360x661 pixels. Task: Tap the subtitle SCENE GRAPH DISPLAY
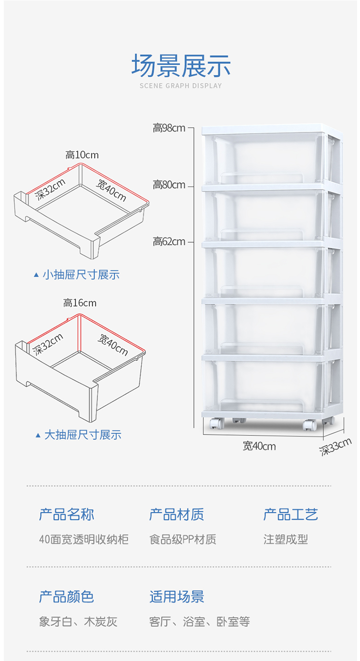pos(180,86)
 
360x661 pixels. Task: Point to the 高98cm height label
pos(169,128)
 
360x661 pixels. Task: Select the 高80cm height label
pos(169,185)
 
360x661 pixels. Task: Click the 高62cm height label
pos(169,242)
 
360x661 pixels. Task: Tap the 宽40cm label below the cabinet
pos(259,446)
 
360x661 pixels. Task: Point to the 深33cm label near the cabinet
pos(336,447)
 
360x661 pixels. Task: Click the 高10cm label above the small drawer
pos(82,155)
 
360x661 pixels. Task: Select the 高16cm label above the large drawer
pos(80,303)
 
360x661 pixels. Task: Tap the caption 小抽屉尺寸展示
pos(81,275)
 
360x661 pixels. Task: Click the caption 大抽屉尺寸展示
pos(83,435)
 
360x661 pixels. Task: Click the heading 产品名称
pos(66,515)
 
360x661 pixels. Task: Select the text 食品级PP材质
pos(182,539)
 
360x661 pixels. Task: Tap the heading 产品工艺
pos(290,515)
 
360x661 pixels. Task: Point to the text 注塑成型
pos(286,539)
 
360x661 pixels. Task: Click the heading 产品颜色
pos(66,597)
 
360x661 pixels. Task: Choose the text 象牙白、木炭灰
pos(78,622)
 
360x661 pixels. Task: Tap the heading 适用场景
pos(177,597)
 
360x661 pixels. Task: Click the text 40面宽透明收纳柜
pos(84,539)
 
